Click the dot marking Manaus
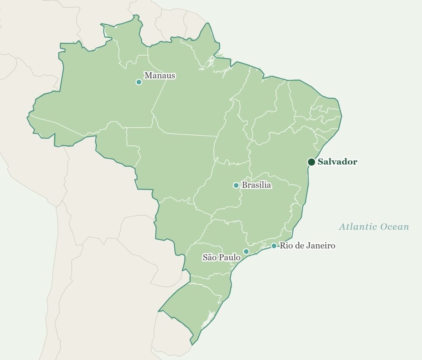(139, 82)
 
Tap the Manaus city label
(159, 75)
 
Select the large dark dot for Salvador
(312, 162)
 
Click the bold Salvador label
(337, 162)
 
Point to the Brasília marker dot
(236, 185)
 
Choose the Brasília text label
(256, 185)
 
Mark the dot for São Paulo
(246, 251)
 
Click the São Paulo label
(221, 257)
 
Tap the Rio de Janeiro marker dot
(274, 246)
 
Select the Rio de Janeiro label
(307, 246)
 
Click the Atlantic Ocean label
(374, 227)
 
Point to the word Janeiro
(321, 246)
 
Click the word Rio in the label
(286, 246)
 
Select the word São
(209, 257)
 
